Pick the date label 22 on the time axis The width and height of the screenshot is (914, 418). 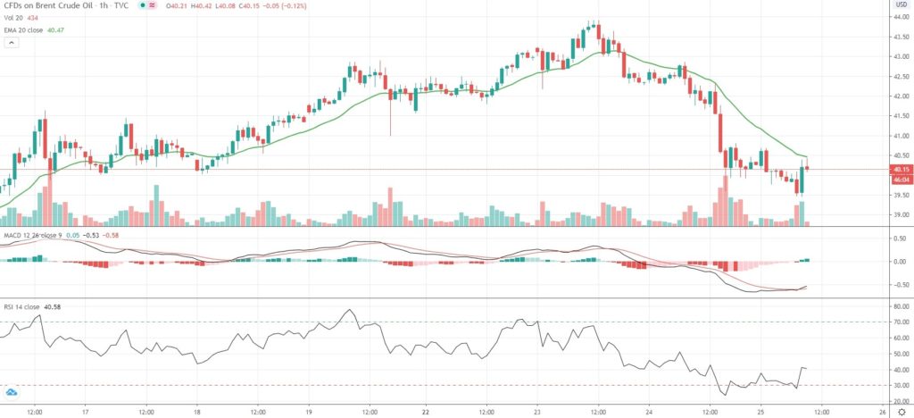pyautogui.click(x=426, y=413)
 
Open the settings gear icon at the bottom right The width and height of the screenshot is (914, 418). pyautogui.click(x=902, y=413)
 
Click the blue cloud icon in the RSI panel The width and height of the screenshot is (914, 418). pyautogui.click(x=12, y=392)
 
